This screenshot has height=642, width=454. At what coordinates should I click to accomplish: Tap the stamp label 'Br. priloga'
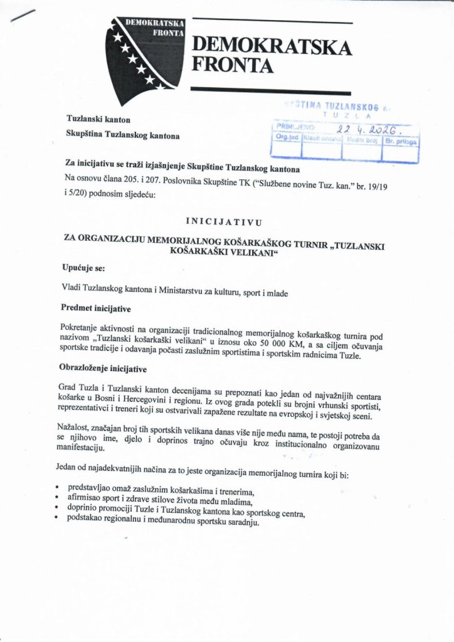[x=401, y=142]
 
